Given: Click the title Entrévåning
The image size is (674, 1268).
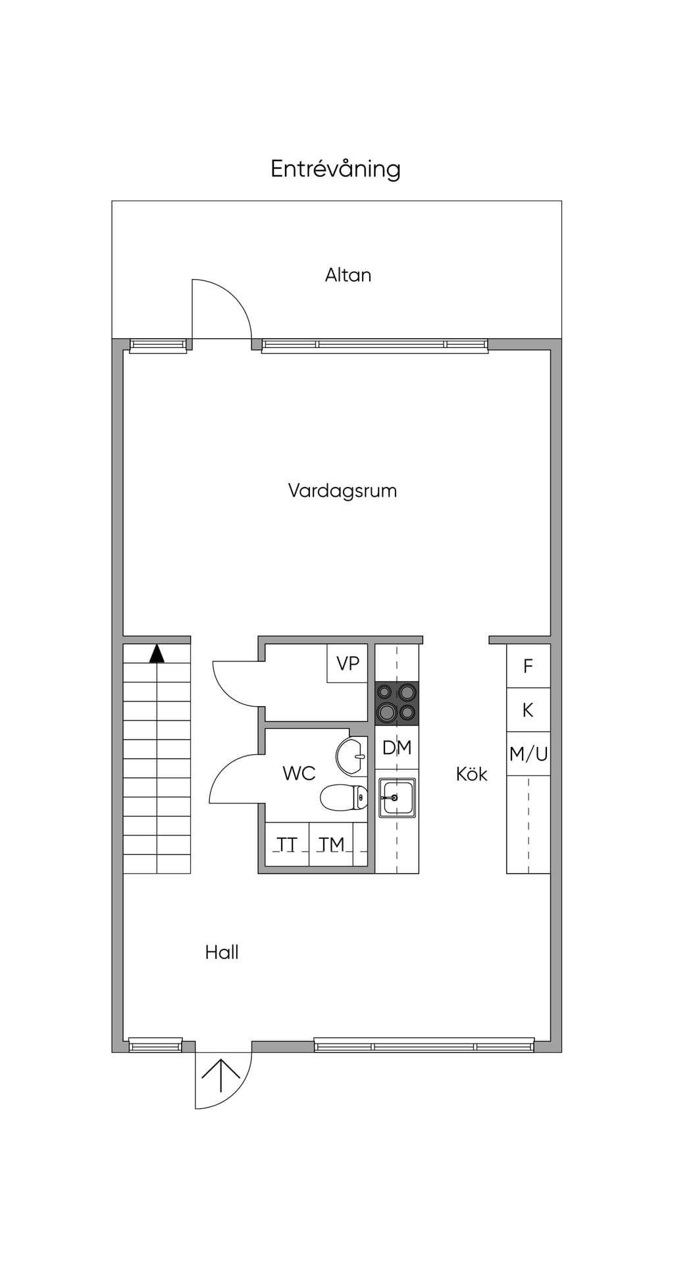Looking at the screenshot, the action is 336,169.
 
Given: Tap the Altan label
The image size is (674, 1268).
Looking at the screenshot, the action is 348,275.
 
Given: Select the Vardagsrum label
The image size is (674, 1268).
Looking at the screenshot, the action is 342,492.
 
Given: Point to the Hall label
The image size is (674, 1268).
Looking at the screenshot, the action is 222,952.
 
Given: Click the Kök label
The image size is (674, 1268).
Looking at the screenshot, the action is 472,774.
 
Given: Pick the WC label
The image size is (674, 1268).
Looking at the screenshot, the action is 299,773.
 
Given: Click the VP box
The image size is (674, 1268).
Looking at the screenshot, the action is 348,663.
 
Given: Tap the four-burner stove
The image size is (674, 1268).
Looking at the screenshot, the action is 397,703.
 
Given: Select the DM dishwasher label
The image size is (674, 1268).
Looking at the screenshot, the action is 397,748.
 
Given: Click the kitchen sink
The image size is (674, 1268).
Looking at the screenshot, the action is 397,798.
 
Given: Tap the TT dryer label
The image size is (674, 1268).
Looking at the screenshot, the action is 287,844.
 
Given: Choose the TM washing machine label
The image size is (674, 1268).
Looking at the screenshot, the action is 331,844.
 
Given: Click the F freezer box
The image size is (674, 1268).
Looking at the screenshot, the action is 528,666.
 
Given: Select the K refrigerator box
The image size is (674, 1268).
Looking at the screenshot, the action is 528,710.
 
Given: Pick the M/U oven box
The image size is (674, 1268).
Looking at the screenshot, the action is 528,754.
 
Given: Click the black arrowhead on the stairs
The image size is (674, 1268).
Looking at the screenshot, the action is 157,653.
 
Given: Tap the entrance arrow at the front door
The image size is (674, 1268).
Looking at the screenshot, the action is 220,1078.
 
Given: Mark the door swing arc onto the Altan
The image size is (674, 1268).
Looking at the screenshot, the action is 234,292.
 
